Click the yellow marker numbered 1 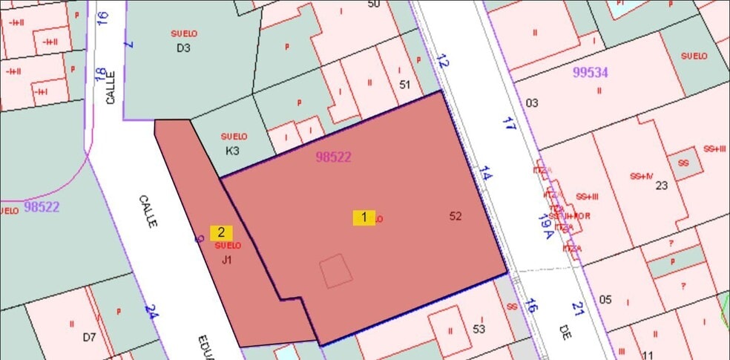point(364,217)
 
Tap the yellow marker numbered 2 point(221,232)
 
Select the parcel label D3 point(183,48)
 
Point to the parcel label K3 point(233,150)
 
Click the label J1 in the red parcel point(227,260)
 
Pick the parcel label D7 point(89,337)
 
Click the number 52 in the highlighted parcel point(456,216)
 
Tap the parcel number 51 point(404,85)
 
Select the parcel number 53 point(479,328)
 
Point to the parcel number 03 point(531,102)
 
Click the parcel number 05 point(605,299)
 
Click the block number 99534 point(591,72)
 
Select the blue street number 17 point(508,124)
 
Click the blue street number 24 point(151,311)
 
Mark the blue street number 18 point(99,74)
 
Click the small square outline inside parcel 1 point(336,270)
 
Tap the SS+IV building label point(641,176)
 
